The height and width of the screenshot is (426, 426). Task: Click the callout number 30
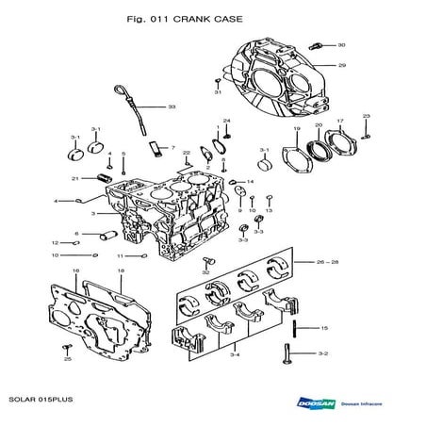[341, 44]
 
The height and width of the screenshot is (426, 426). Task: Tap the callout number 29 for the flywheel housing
[342, 65]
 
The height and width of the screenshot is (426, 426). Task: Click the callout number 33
[172, 107]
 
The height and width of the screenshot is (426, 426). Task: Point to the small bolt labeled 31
[217, 82]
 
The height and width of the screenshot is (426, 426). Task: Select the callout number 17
[340, 121]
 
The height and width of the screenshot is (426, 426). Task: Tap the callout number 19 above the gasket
[297, 128]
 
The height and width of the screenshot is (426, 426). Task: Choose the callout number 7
[172, 148]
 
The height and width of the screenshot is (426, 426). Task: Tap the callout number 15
[323, 328]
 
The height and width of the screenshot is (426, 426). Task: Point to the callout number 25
[67, 359]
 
